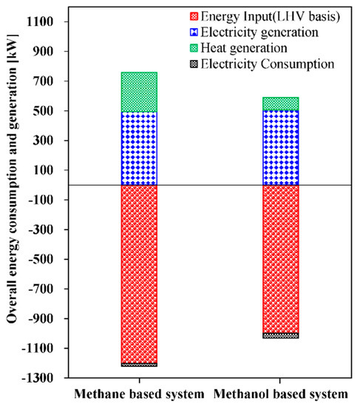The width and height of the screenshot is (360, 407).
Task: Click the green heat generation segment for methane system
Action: pyautogui.click(x=139, y=92)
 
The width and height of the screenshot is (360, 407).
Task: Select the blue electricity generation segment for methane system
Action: pyautogui.click(x=139, y=148)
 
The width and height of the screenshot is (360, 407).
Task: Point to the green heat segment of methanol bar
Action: pyautogui.click(x=281, y=104)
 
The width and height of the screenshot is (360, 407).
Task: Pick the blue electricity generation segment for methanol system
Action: pyautogui.click(x=281, y=148)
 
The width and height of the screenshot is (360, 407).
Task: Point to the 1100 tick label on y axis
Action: pyautogui.click(x=43, y=22)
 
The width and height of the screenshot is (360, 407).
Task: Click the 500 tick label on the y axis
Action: pyautogui.click(x=46, y=111)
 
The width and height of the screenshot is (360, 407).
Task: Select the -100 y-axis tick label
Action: pyautogui.click(x=44, y=200)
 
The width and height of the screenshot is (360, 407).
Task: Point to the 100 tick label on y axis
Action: pyautogui.click(x=46, y=170)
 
